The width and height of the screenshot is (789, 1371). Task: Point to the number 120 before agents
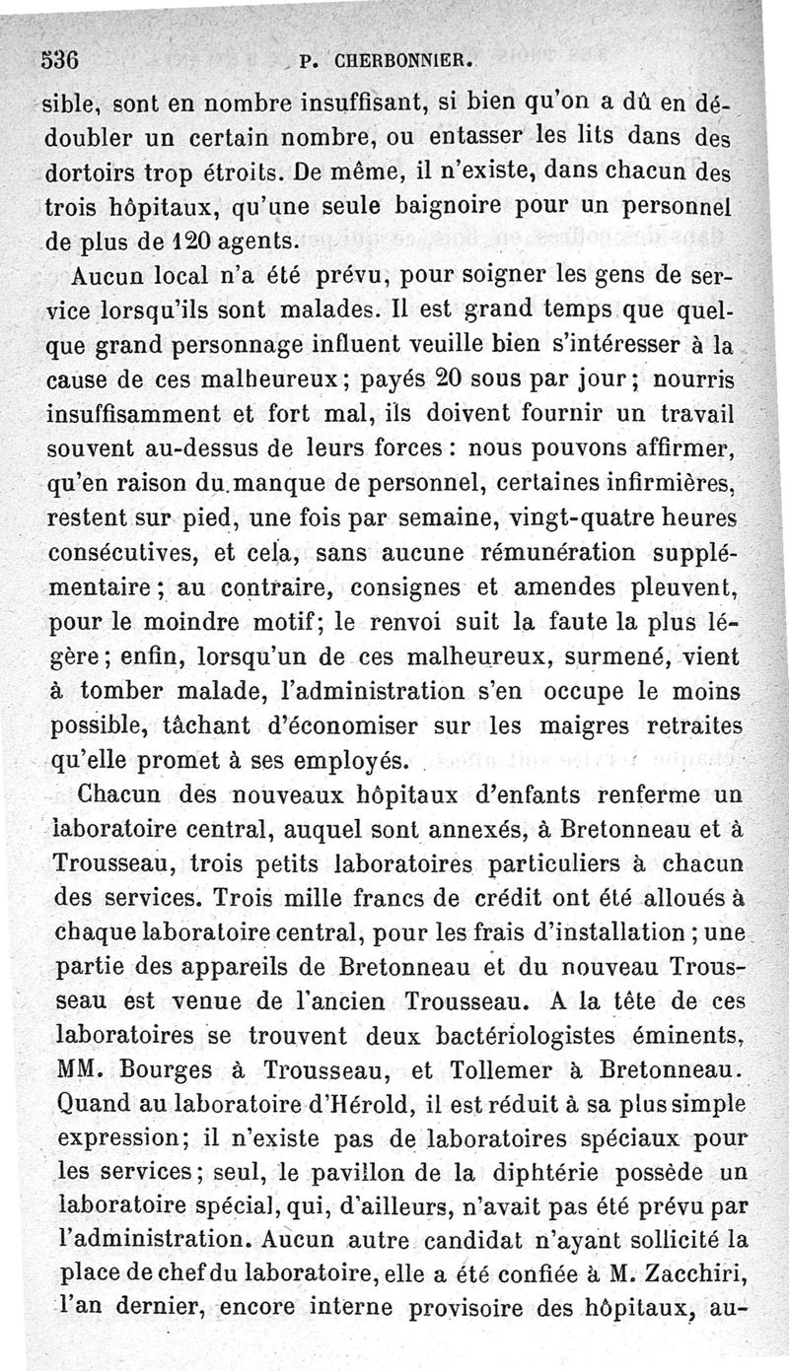(x=195, y=240)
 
